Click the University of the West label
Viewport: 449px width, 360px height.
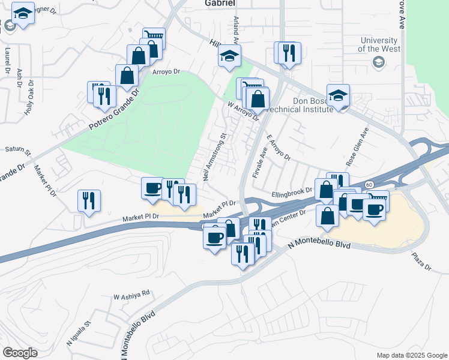click(379, 44)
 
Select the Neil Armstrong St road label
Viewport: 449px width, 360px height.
click(214, 158)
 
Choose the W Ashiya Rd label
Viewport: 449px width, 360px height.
click(131, 295)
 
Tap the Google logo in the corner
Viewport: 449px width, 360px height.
click(20, 353)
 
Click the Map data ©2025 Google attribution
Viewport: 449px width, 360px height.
click(411, 355)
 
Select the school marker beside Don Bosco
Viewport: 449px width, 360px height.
click(339, 95)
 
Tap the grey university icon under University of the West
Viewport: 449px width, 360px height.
click(378, 62)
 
